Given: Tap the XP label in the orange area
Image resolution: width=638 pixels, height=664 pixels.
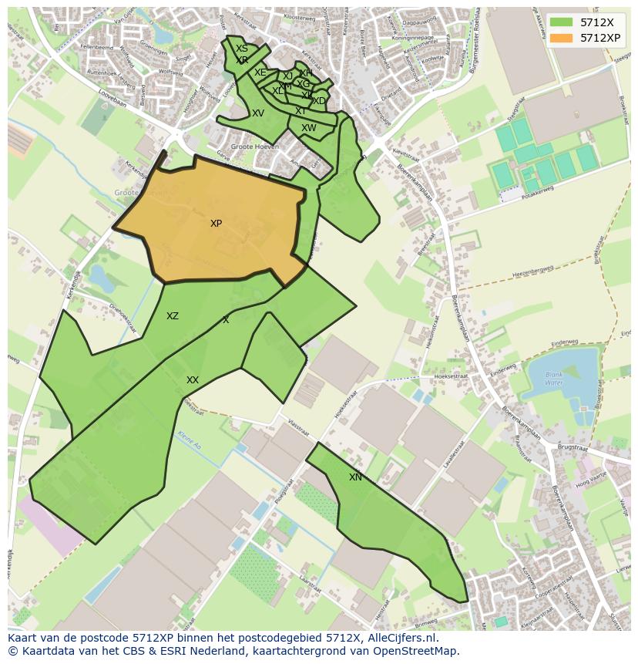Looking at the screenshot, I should pos(216,224).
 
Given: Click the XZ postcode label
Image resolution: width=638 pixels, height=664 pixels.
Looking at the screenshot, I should pos(173,316).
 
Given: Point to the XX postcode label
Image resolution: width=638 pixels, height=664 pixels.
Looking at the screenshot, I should pos(193,380).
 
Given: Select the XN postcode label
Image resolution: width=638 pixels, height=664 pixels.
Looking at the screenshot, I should pos(355,477).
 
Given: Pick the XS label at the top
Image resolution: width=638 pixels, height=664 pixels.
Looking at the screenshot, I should pos(242,49).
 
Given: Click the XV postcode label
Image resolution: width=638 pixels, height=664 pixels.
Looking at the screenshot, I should pos(258,113).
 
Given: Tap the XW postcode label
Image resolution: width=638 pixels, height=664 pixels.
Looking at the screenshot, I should pos(309,128).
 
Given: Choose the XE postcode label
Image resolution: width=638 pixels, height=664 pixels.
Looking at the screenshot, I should pos(260,72).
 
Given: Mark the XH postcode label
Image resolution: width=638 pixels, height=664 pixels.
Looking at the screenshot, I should pos(306,73).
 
